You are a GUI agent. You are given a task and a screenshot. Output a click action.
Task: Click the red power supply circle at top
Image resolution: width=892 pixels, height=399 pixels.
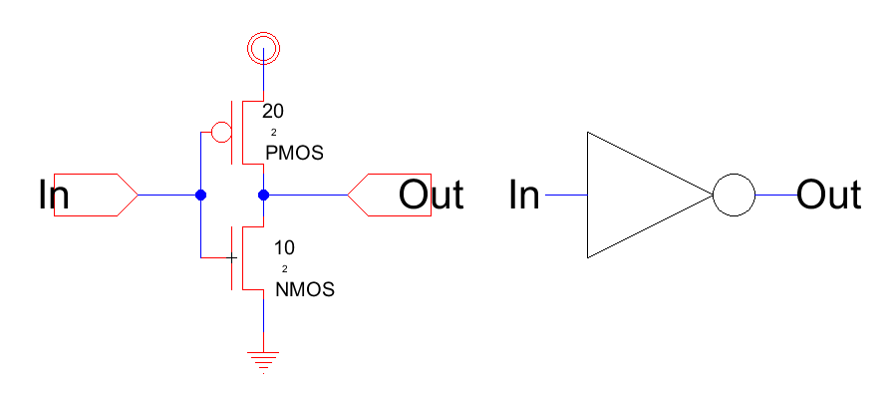[x=264, y=46]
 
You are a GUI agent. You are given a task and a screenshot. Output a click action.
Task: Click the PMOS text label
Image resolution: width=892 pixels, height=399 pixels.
[x=294, y=154]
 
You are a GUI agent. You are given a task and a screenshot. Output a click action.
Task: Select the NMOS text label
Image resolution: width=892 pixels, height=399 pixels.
[x=304, y=290]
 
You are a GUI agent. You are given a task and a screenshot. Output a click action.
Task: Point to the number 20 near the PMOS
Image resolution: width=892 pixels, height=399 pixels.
[x=273, y=112]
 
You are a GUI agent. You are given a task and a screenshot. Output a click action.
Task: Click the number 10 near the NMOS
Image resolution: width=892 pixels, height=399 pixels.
[x=285, y=248]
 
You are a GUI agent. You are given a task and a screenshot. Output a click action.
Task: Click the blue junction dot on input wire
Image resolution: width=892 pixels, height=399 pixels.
[x=200, y=196]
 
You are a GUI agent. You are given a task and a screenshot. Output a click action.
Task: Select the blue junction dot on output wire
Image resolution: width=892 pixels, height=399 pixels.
[x=264, y=196]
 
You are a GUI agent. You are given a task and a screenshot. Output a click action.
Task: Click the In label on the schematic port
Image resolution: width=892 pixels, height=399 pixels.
[x=53, y=196]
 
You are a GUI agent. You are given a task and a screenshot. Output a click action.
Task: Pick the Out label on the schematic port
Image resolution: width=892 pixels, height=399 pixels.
[x=431, y=196]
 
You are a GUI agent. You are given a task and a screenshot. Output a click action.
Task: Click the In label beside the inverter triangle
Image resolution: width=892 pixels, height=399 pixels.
[x=524, y=196]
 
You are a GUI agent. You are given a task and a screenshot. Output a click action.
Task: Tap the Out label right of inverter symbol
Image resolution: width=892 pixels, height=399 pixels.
[x=829, y=196]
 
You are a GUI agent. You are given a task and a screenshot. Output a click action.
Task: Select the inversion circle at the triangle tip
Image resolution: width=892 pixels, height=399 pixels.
[x=734, y=196]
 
